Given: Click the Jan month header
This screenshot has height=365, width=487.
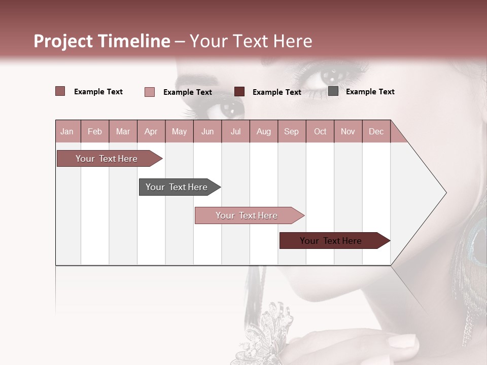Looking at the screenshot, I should (x=67, y=131).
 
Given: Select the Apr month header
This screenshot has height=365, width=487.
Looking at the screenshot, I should (x=151, y=131).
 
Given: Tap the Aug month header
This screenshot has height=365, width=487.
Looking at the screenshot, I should (x=263, y=131).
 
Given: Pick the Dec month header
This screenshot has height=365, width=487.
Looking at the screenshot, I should (x=376, y=131).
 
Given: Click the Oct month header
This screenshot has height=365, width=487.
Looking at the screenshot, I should (x=320, y=131).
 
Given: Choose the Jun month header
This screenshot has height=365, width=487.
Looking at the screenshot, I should (x=207, y=131).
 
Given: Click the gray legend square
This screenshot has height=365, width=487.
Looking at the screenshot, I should (x=333, y=91).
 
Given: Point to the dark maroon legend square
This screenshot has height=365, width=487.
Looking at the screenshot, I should (x=239, y=92).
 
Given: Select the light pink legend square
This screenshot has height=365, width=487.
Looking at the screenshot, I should (x=150, y=92).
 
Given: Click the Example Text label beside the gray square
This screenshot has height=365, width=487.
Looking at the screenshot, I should (x=370, y=92).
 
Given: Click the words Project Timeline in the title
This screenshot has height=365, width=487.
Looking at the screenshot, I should (x=101, y=41).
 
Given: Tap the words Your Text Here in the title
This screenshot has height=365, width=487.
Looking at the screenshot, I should (x=251, y=41).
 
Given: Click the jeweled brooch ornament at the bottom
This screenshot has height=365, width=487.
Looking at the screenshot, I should (x=271, y=332).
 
